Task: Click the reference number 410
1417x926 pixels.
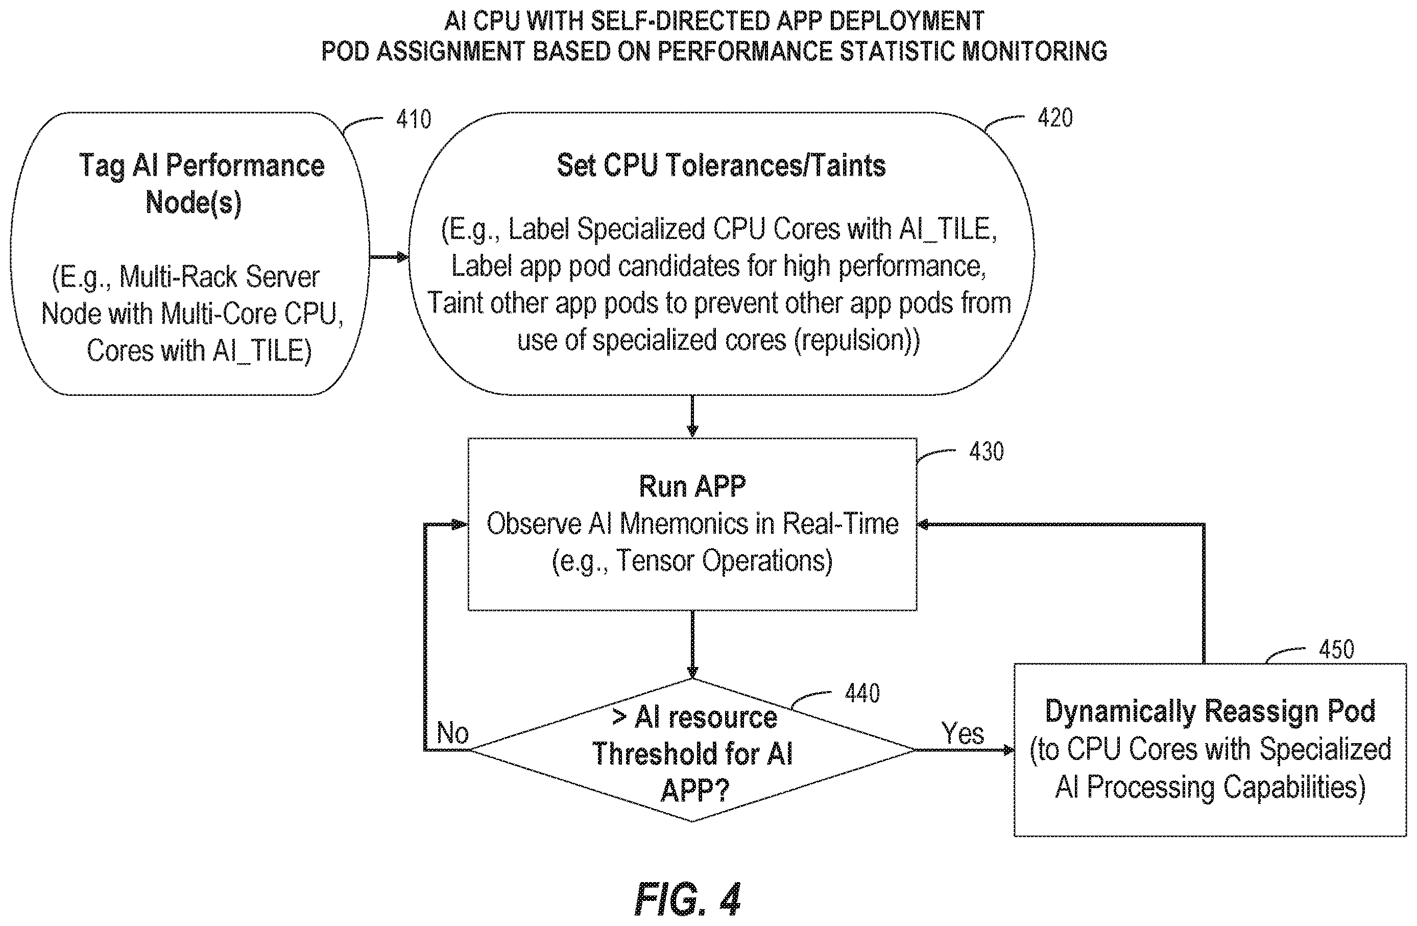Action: click(x=413, y=120)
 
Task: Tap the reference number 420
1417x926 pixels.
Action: click(x=1055, y=118)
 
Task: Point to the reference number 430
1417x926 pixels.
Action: click(x=987, y=452)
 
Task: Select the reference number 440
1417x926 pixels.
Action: click(x=862, y=693)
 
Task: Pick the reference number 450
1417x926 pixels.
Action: click(x=1337, y=649)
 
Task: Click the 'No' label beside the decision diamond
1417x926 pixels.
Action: click(x=452, y=732)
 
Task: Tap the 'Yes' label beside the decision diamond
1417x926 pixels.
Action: click(x=963, y=733)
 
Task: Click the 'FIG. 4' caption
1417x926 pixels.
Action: click(x=688, y=899)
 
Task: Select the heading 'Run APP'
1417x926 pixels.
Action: click(x=692, y=487)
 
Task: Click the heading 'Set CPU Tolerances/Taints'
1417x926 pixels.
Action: click(x=721, y=165)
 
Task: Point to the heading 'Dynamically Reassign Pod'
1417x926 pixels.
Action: click(x=1210, y=711)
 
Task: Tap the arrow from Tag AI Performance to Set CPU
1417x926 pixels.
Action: click(x=389, y=257)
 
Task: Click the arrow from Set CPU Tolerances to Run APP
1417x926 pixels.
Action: click(x=692, y=416)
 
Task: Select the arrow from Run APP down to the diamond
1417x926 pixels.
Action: click(x=692, y=645)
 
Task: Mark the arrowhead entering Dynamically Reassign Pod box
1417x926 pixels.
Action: click(x=1008, y=750)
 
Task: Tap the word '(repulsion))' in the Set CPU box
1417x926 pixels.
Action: click(x=857, y=340)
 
